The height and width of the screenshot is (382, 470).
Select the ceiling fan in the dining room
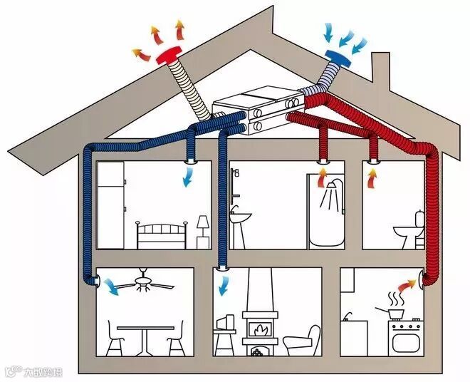145,284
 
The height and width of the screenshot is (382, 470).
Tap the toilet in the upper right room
409,231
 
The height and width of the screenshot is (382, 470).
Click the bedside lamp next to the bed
203,227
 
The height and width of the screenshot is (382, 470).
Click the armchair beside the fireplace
302,339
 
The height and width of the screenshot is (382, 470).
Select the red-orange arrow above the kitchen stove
407,284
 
